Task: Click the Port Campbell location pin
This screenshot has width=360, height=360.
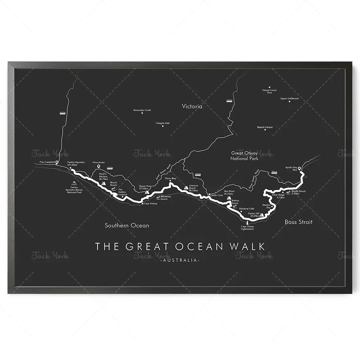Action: pyautogui.click(x=57, y=162)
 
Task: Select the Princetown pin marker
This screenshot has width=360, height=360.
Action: pyautogui.click(x=98, y=166)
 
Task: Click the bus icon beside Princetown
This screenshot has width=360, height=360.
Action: pyautogui.click(x=110, y=168)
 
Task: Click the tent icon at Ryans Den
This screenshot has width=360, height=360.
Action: pyautogui.click(x=147, y=192)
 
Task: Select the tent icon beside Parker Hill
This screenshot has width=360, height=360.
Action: pyautogui.click(x=262, y=215)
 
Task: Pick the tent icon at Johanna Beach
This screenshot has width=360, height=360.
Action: pyautogui.click(x=186, y=188)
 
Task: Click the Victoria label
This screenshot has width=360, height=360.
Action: pyautogui.click(x=192, y=106)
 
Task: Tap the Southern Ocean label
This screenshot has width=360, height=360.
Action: pyautogui.click(x=127, y=226)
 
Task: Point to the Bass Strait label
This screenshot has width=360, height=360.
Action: pyautogui.click(x=298, y=222)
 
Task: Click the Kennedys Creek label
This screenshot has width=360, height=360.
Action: pyautogui.click(x=142, y=110)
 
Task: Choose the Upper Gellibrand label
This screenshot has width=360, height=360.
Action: pyautogui.click(x=289, y=98)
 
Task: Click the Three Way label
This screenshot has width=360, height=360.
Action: pyautogui.click(x=170, y=179)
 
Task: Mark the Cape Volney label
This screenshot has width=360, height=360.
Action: pyautogui.click(x=150, y=204)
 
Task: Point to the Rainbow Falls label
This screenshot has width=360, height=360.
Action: pyautogui.click(x=247, y=208)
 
